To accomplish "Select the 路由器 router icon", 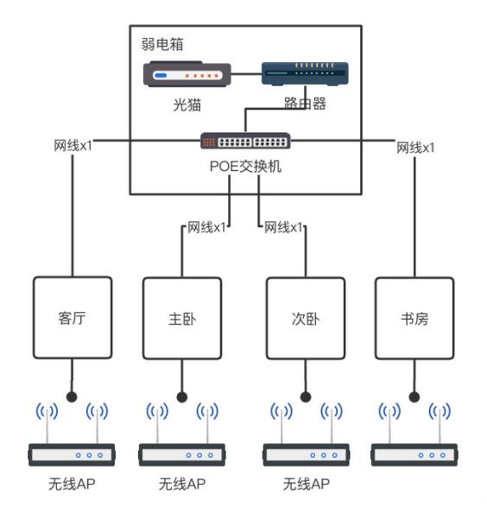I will coord(306,76).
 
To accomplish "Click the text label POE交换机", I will coord(246,165).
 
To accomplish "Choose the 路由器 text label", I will coord(303,105).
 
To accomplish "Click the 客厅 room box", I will coord(73,317).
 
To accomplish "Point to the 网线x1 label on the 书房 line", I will coord(415,147).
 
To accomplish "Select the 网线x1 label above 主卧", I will coord(207,228).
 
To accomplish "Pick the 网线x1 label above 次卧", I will coord(283,228).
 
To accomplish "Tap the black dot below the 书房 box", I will coord(415,397).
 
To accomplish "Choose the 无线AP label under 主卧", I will coord(182,485).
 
